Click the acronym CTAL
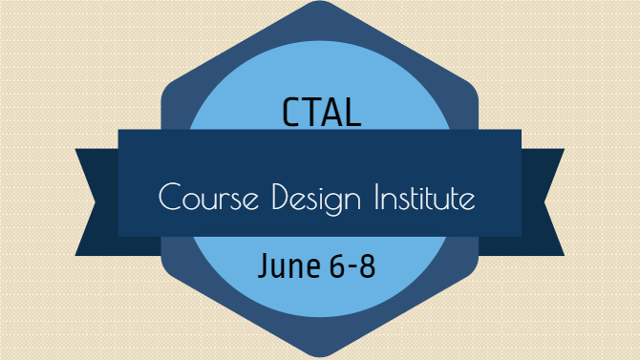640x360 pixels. point(322,112)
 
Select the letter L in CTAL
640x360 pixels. point(353,113)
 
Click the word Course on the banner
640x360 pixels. point(208,197)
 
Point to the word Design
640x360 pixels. point(316,200)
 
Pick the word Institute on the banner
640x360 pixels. point(425,197)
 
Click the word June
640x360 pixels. point(289,265)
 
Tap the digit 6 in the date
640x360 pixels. point(337,265)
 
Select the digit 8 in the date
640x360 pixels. point(368,265)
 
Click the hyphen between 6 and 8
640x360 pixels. point(352,267)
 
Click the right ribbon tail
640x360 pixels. point(543,202)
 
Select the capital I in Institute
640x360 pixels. point(376,197)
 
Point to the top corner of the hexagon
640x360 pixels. point(320,1)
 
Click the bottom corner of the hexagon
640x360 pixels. point(320,357)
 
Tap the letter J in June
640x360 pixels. point(264,265)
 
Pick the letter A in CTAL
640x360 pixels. point(331,113)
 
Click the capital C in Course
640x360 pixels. point(169,197)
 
